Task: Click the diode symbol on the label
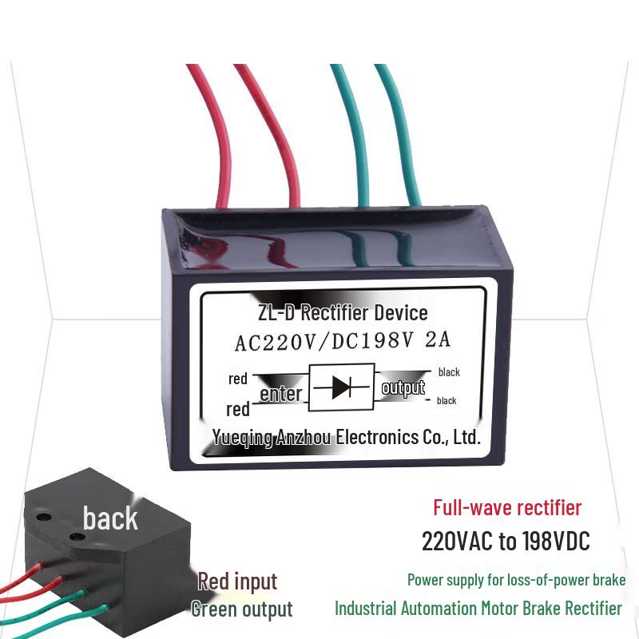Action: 342,387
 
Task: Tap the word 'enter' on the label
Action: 281,394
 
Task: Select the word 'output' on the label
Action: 403,387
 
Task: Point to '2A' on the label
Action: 437,340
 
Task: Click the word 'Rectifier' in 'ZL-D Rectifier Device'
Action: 334,312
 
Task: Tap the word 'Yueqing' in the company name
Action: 242,438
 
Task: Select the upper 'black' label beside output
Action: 449,372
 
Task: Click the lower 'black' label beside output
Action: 447,401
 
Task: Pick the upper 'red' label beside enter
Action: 238,379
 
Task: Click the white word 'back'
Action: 110,518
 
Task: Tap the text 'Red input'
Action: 237,581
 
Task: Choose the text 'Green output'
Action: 242,609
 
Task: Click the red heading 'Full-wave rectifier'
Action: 507,508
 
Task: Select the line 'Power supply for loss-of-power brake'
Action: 516,580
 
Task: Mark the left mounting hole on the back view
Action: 44,518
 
